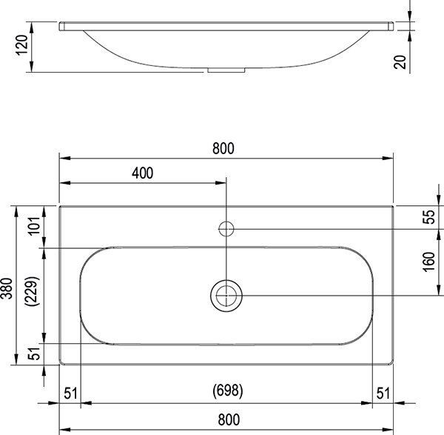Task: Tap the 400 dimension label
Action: click(x=142, y=173)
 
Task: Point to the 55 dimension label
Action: click(x=428, y=218)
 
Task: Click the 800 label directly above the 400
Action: click(x=223, y=148)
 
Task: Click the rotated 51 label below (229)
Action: click(x=32, y=354)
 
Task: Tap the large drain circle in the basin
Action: click(x=226, y=296)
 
